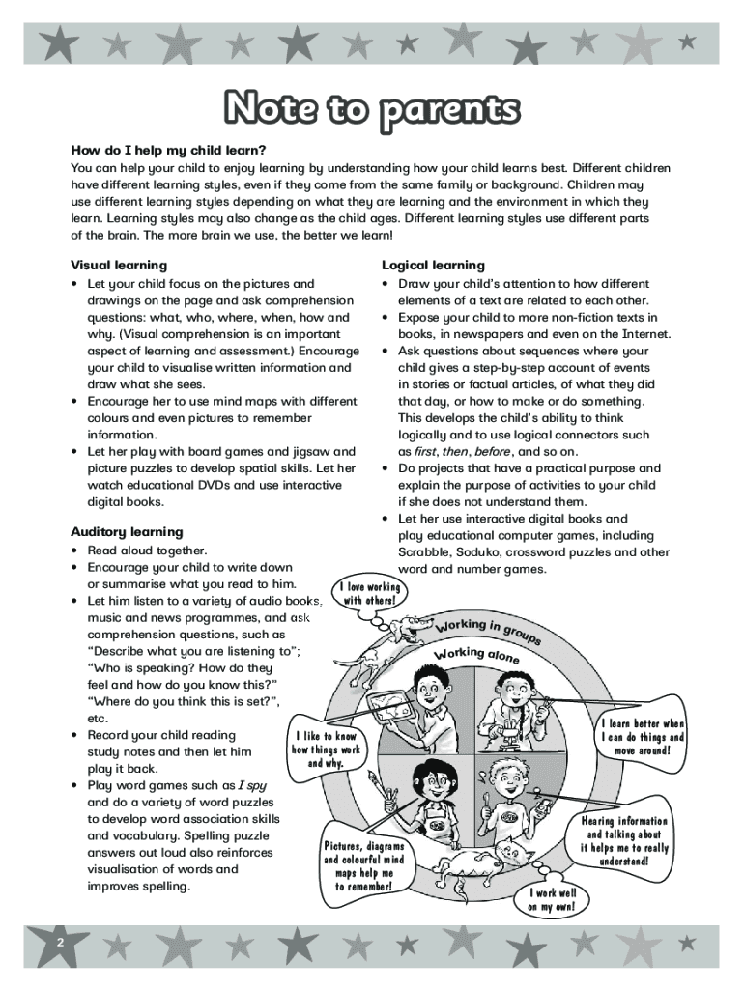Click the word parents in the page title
[x=449, y=109]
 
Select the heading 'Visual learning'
[x=119, y=265]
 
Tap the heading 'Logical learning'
[x=433, y=265]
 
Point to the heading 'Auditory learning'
[x=127, y=531]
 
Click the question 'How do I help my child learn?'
[x=167, y=151]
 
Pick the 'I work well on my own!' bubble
[x=552, y=900]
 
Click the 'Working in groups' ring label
[x=489, y=629]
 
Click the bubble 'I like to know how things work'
[x=327, y=749]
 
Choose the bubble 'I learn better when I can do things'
[x=643, y=737]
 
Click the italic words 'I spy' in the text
[x=252, y=784]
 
